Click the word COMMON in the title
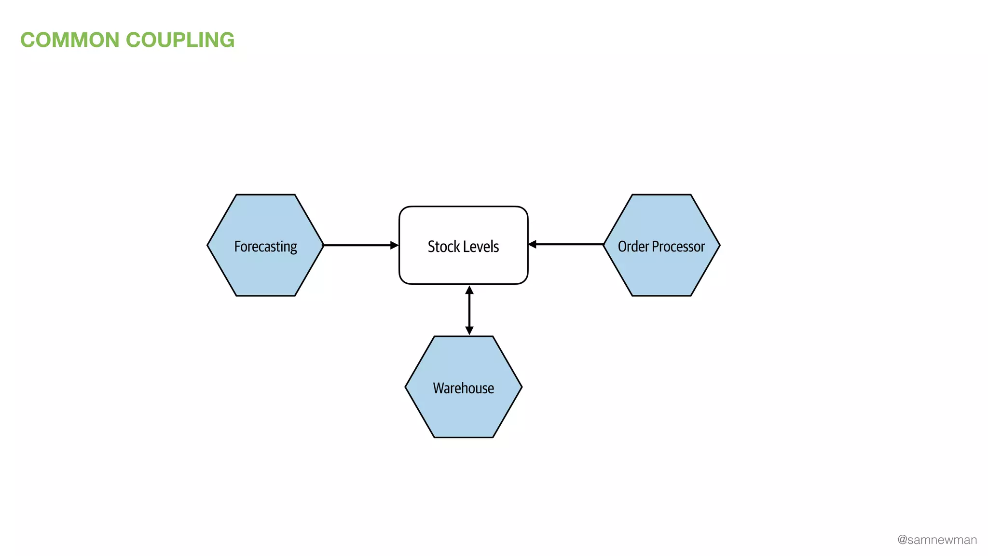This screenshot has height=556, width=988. (70, 40)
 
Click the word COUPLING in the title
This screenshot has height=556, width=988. (180, 40)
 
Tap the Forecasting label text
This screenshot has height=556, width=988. (265, 247)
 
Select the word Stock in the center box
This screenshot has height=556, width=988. (443, 247)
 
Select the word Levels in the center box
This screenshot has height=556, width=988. (481, 247)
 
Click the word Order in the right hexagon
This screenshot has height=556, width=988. (633, 247)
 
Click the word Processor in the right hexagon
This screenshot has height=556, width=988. (678, 247)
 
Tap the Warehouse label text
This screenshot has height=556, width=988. (463, 388)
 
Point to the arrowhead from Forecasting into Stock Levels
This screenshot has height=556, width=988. (394, 245)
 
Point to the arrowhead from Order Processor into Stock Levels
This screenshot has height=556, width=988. (533, 244)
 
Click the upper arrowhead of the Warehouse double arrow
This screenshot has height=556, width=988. (469, 290)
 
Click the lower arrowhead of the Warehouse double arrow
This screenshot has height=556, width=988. (469, 331)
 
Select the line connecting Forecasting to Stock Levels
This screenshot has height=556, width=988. (357, 245)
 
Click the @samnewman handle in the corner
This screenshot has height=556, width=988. (937, 540)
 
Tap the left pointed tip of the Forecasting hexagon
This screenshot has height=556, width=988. (208, 245)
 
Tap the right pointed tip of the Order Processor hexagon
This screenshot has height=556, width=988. (719, 245)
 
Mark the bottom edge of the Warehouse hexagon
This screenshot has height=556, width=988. (463, 437)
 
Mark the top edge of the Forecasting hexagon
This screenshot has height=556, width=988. (265, 195)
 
